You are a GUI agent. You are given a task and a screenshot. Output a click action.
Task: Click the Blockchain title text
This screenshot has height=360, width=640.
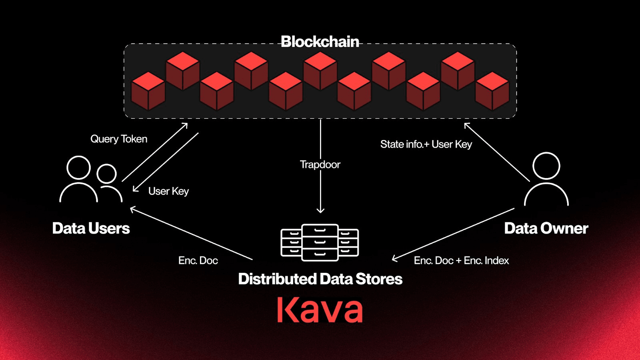pos(320,42)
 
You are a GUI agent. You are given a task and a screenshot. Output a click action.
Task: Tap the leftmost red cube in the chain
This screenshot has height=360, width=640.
pos(148,91)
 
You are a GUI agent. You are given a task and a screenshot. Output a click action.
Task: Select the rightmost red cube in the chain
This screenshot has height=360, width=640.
pos(492,91)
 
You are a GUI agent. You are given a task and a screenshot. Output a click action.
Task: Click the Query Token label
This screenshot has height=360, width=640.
pos(119,139)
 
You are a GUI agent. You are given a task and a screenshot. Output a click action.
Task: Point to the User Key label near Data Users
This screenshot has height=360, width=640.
pos(168,191)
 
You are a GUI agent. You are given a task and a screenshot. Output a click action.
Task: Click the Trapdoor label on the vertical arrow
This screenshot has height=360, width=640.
pos(320,164)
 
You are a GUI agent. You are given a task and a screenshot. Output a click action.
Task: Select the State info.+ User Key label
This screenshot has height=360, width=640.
pos(426,144)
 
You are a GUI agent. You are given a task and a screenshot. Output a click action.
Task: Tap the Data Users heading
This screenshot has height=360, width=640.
pos(91,228)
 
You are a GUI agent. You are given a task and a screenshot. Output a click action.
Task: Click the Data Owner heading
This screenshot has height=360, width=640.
pos(546,228)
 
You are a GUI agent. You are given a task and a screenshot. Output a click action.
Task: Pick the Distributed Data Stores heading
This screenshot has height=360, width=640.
pos(320,279)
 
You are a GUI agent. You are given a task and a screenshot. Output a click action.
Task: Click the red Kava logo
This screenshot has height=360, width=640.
pos(320,310)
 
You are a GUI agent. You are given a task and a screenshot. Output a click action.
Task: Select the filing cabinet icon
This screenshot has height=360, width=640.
pos(320,242)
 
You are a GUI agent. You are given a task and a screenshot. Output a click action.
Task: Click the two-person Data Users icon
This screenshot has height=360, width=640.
pos(91,180)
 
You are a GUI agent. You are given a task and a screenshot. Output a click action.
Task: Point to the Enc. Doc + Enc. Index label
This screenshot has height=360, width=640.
pos(461,260)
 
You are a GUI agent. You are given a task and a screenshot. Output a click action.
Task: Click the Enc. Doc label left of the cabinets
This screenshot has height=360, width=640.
pos(198,260)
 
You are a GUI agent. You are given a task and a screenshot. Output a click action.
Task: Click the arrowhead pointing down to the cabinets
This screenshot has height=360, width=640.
pos(320,210)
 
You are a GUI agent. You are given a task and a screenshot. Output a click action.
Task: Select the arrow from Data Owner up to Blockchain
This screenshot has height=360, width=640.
pos(497,152)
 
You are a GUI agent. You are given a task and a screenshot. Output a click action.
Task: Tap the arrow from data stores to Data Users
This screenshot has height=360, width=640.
pos(191,234)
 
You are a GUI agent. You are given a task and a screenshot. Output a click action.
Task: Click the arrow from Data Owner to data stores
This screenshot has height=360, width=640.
pos(453,234)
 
